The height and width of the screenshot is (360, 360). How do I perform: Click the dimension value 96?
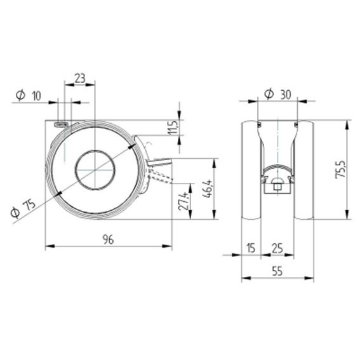pyautogui.click(x=108, y=239)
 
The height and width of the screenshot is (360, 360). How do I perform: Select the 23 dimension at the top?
pyautogui.click(x=80, y=78)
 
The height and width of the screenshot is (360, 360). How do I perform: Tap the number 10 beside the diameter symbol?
pyautogui.click(x=36, y=95)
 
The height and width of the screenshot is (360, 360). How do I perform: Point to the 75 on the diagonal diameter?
pyautogui.click(x=30, y=204)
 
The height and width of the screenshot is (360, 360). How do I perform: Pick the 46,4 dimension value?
pyautogui.click(x=208, y=189)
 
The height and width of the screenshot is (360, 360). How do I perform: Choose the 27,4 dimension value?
pyautogui.click(x=184, y=201)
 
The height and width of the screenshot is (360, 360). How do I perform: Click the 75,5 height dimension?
pyautogui.click(x=341, y=170)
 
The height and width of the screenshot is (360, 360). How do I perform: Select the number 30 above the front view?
pyautogui.click(x=286, y=95)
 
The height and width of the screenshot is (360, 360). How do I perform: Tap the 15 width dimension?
pyautogui.click(x=251, y=248)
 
